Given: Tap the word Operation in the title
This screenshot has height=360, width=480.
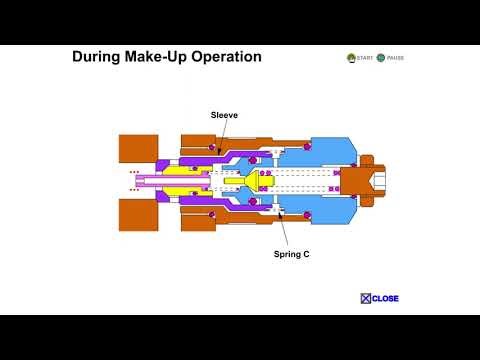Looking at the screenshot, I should click(228, 57).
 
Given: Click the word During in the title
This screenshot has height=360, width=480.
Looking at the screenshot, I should click(97, 57).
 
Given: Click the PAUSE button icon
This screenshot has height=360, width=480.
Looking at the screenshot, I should click(381, 58).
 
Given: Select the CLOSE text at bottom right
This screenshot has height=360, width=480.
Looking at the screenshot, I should click(386, 298).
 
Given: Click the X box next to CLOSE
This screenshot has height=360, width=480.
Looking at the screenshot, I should click(366, 298).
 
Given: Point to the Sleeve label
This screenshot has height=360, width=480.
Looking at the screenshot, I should click(224, 115).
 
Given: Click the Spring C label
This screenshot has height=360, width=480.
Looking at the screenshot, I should click(291, 254).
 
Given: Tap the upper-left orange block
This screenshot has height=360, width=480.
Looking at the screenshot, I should click(138, 149).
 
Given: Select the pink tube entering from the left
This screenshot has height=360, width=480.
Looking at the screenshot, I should click(160, 181).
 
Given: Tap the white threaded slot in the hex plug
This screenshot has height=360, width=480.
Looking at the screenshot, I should click(378, 181).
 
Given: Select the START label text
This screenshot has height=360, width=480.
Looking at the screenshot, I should click(364, 58).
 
